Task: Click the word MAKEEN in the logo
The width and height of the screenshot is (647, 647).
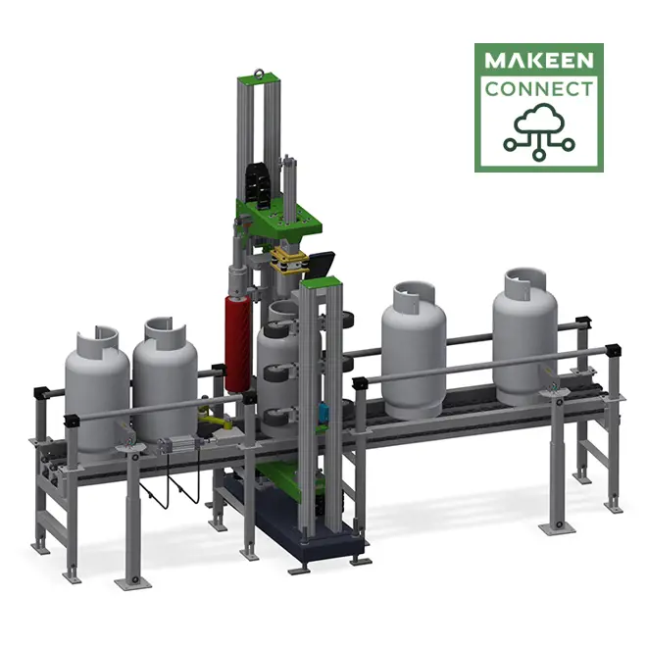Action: click(538, 62)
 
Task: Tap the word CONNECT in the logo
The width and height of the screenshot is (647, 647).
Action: click(538, 90)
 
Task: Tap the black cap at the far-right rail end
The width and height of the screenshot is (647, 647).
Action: click(614, 351)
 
